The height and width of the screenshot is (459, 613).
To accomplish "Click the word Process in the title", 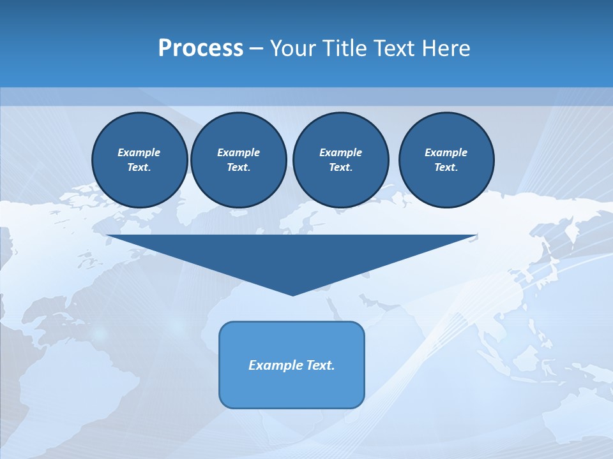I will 201,48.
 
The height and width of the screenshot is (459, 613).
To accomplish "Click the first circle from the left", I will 139,160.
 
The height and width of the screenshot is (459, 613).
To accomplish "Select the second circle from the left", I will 238,160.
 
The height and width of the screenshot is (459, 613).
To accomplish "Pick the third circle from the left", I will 340,160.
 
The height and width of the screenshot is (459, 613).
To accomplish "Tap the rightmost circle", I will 446,160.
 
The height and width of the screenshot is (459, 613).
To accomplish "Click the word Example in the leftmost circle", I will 139,152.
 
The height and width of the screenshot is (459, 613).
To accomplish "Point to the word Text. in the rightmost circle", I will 446,168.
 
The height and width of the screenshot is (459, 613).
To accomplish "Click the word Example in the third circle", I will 340,152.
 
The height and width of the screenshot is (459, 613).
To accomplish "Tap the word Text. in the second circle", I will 238,168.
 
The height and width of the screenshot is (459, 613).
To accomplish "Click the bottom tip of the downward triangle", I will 292,295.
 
